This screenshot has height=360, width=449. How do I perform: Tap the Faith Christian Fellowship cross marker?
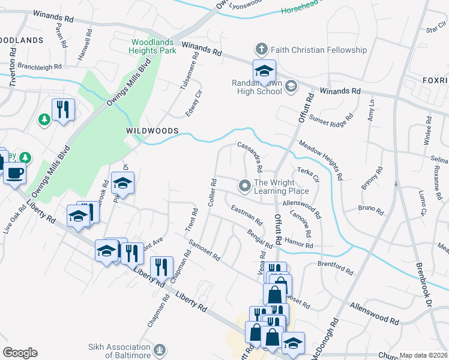pyautogui.click(x=261, y=49)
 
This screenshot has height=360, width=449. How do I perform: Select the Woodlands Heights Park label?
pyautogui.click(x=154, y=47)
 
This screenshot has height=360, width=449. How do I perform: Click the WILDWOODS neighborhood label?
pyautogui.click(x=152, y=130)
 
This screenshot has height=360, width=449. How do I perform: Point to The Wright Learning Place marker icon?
pyautogui.click(x=244, y=185)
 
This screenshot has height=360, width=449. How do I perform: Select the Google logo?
pyautogui.click(x=20, y=352)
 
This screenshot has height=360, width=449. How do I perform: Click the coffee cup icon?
pyautogui.click(x=14, y=173)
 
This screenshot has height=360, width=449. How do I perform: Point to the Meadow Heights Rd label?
pyautogui.click(x=320, y=160)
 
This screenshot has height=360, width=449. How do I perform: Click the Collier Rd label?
pyautogui.click(x=212, y=193)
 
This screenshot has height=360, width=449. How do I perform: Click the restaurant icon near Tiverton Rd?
pyautogui.click(x=63, y=110)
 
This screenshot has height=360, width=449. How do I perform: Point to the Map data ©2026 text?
pyautogui.click(x=423, y=355)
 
